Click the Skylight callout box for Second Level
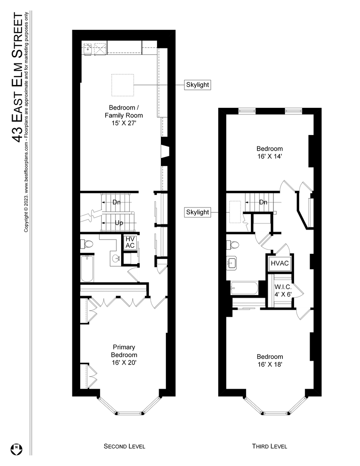(x=197, y=85)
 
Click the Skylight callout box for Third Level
(x=197, y=212)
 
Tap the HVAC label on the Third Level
(x=279, y=263)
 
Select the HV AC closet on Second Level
(x=130, y=242)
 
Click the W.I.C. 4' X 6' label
(x=283, y=290)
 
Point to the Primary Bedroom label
(x=124, y=355)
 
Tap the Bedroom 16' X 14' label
(x=270, y=152)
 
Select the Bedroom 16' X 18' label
(x=270, y=360)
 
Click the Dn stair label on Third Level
(x=263, y=202)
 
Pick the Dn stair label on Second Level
(x=116, y=202)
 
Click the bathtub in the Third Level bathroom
(x=244, y=288)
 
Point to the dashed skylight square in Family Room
(x=122, y=85)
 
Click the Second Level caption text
(x=124, y=446)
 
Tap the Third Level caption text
(x=269, y=446)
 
